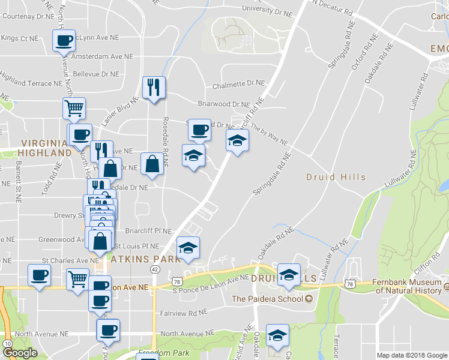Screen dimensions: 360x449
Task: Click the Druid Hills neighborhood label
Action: (336, 177)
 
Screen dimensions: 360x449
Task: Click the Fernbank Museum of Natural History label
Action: (412, 286)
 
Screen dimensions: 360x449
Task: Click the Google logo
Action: (20, 353)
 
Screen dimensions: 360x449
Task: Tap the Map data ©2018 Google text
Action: (412, 355)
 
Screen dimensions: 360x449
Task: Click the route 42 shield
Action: (155, 270)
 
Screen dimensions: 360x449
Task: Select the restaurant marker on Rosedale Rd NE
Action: (154, 88)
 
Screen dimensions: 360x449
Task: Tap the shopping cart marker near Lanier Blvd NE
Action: (74, 109)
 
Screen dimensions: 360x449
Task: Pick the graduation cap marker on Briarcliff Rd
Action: (237, 141)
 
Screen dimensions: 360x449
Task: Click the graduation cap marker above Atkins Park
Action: (188, 248)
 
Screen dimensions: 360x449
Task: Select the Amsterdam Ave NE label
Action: (101, 56)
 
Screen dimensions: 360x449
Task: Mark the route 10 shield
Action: (7, 343)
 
